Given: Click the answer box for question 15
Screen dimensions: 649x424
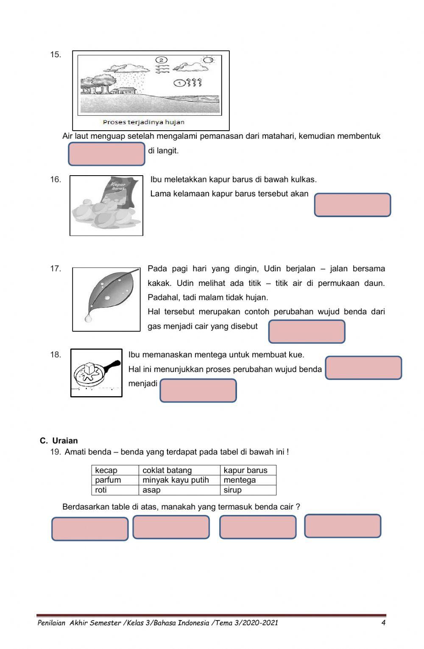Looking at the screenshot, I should coord(106,154).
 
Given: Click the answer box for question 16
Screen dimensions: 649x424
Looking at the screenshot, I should coord(352,205).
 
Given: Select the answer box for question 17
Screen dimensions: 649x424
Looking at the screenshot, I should coord(307,332).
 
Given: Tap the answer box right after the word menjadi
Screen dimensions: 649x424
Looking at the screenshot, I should coord(198,391).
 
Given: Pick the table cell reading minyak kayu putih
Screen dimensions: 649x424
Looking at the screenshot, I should coord(179,480).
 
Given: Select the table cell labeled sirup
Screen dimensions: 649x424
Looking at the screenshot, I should coord(248,490).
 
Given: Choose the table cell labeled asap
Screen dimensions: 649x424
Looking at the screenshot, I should coord(179,490).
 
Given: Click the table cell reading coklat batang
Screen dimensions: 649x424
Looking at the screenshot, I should coord(179,470).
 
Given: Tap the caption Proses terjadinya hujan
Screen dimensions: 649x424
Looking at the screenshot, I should coord(143,122).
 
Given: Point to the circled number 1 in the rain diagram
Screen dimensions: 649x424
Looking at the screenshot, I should coord(179,83).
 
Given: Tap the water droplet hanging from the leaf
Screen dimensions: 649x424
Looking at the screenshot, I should coord(88,318).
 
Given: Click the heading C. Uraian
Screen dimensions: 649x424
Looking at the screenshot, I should coord(59,441).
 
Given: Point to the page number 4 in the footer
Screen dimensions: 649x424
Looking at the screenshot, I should coord(383,623).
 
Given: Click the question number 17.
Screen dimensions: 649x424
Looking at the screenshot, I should coord(56,269).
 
